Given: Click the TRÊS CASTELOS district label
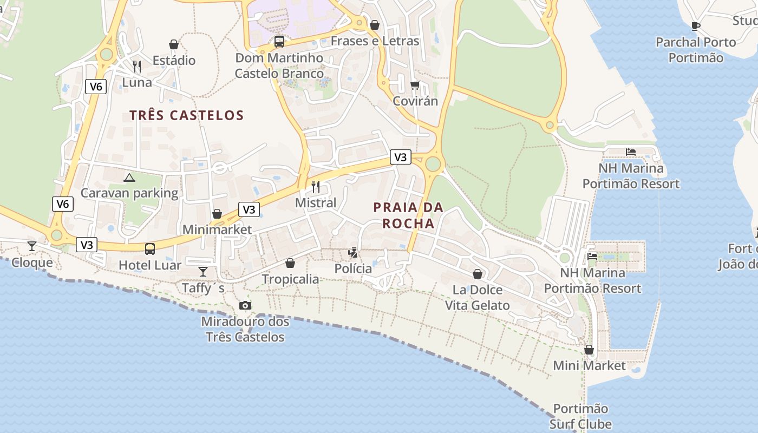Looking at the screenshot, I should (x=186, y=115).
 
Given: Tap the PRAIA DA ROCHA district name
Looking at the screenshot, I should (x=408, y=215).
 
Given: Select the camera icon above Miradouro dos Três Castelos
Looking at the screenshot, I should (x=245, y=305).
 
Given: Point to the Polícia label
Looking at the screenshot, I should (x=353, y=268).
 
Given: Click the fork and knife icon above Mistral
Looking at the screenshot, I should (x=316, y=187).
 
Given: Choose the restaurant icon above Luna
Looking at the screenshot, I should (x=137, y=67).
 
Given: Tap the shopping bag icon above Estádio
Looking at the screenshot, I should (x=174, y=44).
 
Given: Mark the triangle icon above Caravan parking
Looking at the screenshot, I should (x=129, y=178).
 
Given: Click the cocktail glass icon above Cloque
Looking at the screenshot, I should (x=32, y=247).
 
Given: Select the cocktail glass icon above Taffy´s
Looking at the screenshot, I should (x=203, y=272).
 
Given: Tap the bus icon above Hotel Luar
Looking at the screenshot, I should (x=150, y=249).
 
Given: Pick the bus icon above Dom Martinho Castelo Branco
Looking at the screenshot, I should (x=279, y=41).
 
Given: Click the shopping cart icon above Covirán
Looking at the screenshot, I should (x=415, y=85).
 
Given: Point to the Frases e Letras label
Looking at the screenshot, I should (x=375, y=41).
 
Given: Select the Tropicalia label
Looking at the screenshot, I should (x=290, y=279).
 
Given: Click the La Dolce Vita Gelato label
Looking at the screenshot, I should (x=477, y=297).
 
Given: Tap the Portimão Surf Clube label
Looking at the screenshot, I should (x=580, y=416).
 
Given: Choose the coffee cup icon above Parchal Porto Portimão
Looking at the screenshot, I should (x=696, y=25).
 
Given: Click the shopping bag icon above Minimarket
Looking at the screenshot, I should (x=217, y=214).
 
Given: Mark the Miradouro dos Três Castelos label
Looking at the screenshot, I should (x=245, y=329).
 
